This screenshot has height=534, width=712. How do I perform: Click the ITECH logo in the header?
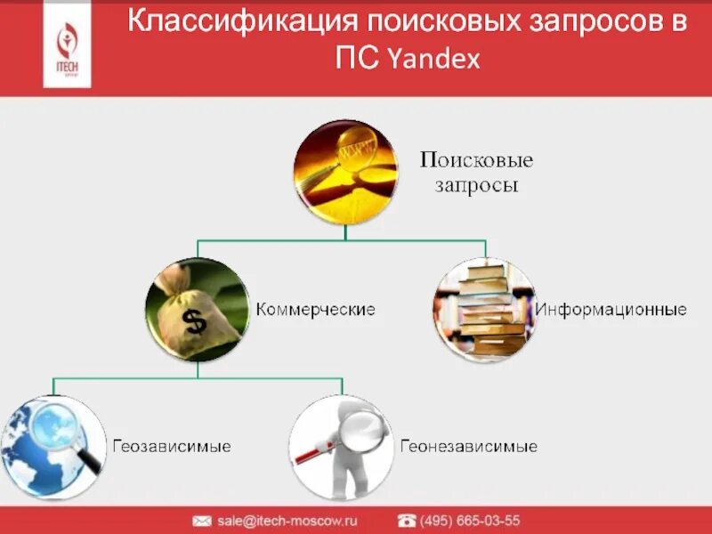point(67,44)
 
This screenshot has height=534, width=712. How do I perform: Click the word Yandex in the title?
point(433,60)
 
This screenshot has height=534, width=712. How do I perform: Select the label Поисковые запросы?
point(476,173)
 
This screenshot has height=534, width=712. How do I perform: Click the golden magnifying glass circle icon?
point(346,172)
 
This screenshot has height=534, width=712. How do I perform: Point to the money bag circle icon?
point(197,309)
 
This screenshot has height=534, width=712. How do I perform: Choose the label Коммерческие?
point(316,310)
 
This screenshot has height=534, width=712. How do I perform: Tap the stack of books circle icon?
point(484,310)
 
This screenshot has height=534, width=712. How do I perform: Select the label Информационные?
point(611,310)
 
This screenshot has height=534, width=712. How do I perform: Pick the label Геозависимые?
point(171,446)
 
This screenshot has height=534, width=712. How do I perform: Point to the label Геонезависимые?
point(468,446)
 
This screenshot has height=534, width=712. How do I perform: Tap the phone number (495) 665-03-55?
point(471,521)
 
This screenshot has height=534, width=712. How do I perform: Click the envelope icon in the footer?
point(202,521)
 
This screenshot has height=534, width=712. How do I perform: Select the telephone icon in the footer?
point(407,521)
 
